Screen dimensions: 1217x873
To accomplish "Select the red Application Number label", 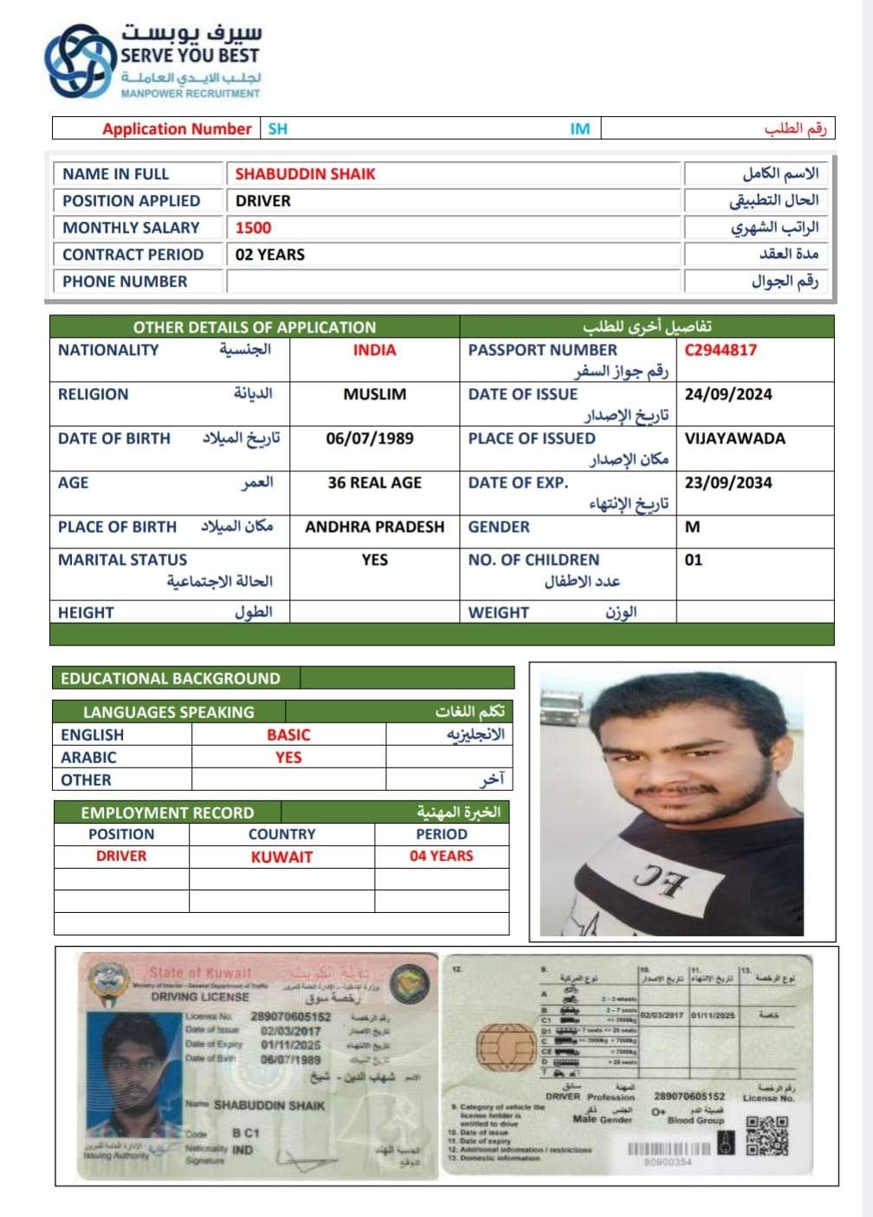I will pos(177,129).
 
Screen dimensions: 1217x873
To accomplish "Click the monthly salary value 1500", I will pos(253,228).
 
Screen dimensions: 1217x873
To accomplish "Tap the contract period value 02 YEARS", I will pos(269,255).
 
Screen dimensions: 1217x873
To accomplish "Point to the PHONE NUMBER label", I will pos(125,282).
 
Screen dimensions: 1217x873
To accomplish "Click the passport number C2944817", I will pos(721,350).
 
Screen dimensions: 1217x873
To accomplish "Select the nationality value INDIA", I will pos(374,350).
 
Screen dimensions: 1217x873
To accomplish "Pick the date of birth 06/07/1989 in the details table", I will pos(370,438).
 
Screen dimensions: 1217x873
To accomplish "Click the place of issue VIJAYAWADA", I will pos(734,438).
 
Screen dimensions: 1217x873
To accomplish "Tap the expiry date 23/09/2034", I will pos(727,482).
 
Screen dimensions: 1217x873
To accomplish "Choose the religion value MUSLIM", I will pos(374,394).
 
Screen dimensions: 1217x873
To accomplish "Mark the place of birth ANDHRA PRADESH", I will pos(374,527).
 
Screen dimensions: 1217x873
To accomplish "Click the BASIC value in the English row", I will pos(288,735).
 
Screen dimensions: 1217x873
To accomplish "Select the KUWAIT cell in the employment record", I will pos(281,857).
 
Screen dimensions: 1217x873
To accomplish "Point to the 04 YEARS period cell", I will pos(442,856).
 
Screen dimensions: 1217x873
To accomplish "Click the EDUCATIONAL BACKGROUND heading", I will pos(171,678).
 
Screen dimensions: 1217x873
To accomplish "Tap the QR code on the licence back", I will pos(766,1136).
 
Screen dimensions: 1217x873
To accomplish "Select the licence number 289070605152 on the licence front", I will pos(290,1017).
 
